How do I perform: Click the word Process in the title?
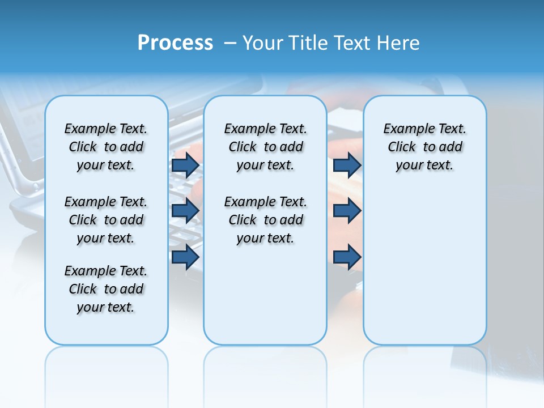175,43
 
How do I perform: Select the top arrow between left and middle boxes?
185,165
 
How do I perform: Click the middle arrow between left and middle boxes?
185,211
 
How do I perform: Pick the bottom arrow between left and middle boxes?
185,257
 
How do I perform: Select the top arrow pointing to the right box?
347,165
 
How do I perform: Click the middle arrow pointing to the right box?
347,211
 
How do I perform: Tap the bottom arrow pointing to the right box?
347,257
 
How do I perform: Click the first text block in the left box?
106,147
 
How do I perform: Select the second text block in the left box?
106,220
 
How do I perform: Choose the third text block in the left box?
106,289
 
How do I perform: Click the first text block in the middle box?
265,147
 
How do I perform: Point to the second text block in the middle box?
265,220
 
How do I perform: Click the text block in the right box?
424,147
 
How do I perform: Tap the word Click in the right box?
402,147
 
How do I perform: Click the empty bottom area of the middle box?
265,300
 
